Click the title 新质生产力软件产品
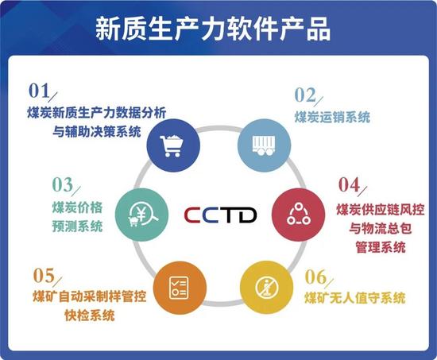(213, 29)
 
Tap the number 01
(39, 91)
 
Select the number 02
(305, 95)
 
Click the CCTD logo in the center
(220, 215)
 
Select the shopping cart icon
(172, 146)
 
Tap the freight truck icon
(264, 145)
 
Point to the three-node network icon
(299, 214)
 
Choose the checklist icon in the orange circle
(179, 288)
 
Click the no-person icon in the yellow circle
(267, 288)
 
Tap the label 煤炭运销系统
(332, 117)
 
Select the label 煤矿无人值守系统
(355, 298)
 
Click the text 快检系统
(90, 315)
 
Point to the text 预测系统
(78, 226)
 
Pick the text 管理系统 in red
(381, 247)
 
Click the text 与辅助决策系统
(97, 131)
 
